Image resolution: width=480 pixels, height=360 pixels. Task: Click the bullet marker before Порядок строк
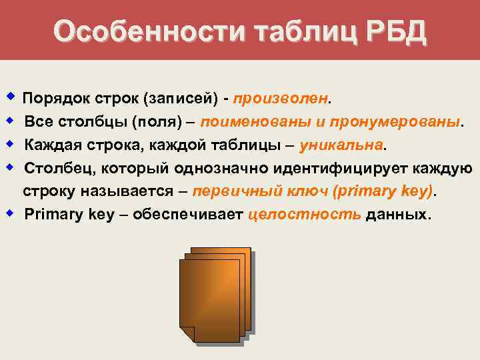coord(10,97)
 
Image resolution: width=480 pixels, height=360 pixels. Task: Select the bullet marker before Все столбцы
coord(10,121)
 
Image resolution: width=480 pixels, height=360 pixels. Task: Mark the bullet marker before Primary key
coord(10,213)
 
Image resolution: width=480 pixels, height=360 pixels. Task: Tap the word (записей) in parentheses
coord(180,99)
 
